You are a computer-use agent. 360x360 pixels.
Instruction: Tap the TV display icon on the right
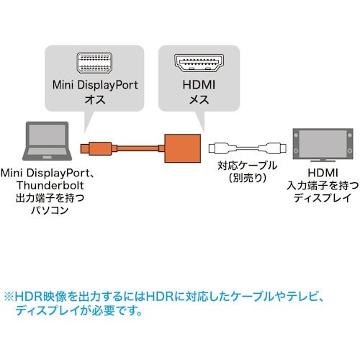(321, 148)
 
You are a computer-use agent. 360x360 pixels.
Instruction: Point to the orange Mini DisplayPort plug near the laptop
(89, 150)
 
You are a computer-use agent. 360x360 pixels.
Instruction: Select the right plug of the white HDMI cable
(276, 150)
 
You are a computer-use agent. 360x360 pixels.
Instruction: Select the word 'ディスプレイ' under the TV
(321, 197)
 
